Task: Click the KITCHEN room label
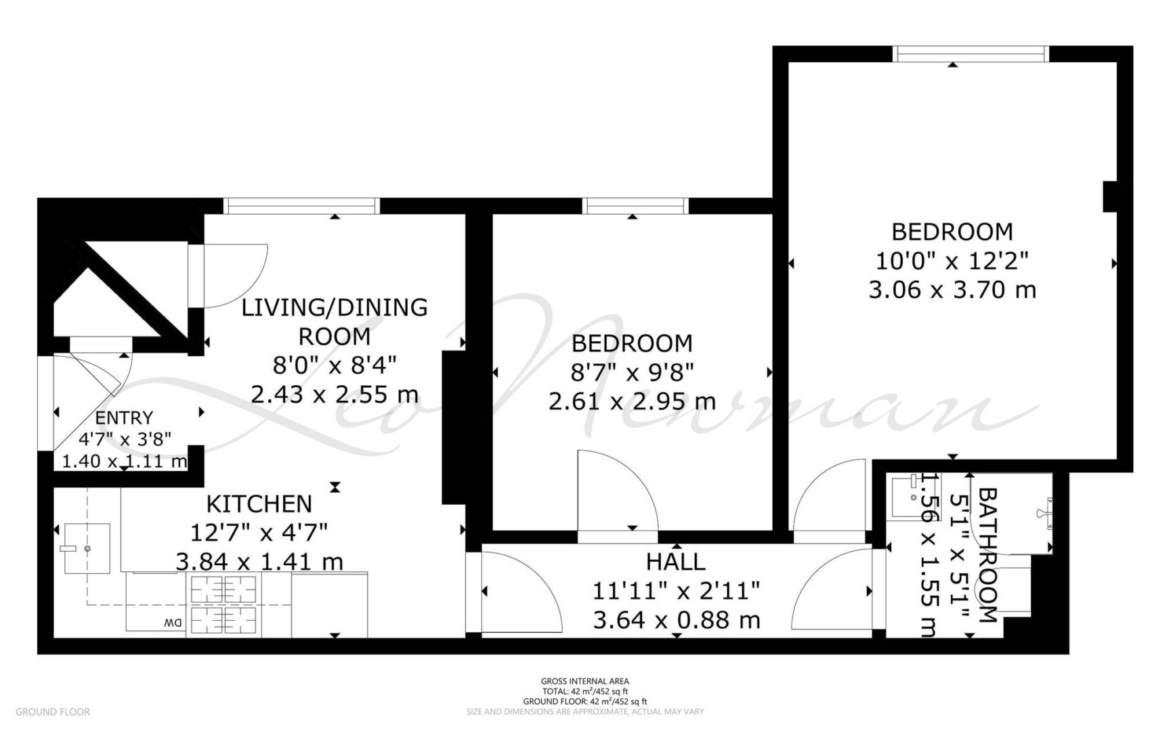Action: tap(259, 504)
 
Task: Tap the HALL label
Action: tap(675, 562)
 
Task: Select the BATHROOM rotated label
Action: tap(988, 555)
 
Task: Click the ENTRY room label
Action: tap(124, 418)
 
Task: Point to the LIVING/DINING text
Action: tap(335, 307)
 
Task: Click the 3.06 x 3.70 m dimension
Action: tap(952, 290)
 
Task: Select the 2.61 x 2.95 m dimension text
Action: tap(632, 401)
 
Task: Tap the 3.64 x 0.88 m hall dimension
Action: tap(676, 619)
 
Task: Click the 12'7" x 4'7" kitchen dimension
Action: tap(259, 533)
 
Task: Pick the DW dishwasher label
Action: tap(174, 623)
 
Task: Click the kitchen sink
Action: tap(87, 548)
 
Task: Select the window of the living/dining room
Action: tap(301, 205)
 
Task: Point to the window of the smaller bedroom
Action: tap(635, 205)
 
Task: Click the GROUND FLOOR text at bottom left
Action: tap(53, 711)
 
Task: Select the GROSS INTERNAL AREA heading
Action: tap(584, 681)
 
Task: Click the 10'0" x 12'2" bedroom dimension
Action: tap(952, 261)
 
